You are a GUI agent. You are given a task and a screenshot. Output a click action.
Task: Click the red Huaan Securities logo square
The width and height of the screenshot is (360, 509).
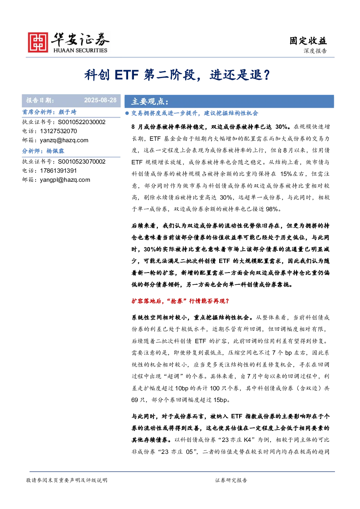click(x=38, y=42)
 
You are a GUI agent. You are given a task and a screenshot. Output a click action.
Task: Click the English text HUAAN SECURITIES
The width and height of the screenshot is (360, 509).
click(x=80, y=50)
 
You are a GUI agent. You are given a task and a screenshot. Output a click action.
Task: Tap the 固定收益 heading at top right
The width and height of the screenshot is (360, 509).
click(x=308, y=41)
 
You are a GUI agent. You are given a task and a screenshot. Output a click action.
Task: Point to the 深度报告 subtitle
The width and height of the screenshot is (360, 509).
click(x=315, y=51)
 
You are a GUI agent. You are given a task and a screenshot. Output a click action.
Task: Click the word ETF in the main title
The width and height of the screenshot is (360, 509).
click(x=127, y=75)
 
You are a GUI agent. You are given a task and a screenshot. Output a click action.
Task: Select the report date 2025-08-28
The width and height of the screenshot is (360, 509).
click(x=100, y=100)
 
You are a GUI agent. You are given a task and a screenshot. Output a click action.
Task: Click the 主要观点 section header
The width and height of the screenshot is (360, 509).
click(x=150, y=101)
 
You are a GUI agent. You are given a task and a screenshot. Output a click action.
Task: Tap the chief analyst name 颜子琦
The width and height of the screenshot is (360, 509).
click(x=67, y=112)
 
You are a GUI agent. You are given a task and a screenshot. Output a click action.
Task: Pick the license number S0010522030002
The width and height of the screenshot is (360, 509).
click(x=82, y=122)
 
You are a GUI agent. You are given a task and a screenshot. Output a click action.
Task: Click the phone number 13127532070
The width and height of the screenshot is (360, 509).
click(x=58, y=131)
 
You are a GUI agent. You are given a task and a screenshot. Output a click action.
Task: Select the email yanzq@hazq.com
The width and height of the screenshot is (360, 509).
click(x=64, y=140)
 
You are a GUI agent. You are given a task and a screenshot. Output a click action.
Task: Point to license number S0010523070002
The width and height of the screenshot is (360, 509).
click(x=82, y=161)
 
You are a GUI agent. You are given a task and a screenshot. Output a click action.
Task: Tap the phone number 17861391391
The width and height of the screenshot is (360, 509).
click(x=58, y=171)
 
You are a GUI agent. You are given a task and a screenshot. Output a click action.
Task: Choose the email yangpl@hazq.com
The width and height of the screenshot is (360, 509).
click(x=65, y=180)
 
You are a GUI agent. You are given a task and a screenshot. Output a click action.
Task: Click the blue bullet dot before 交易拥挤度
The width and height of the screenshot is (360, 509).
click(x=127, y=113)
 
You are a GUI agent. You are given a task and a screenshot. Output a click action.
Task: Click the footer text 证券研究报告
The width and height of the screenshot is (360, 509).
click(x=231, y=480)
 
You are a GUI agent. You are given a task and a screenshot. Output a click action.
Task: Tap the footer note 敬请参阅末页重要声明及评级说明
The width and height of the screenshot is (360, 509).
click(x=66, y=480)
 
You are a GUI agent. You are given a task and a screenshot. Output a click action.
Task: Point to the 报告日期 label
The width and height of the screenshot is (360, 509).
click(x=40, y=100)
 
